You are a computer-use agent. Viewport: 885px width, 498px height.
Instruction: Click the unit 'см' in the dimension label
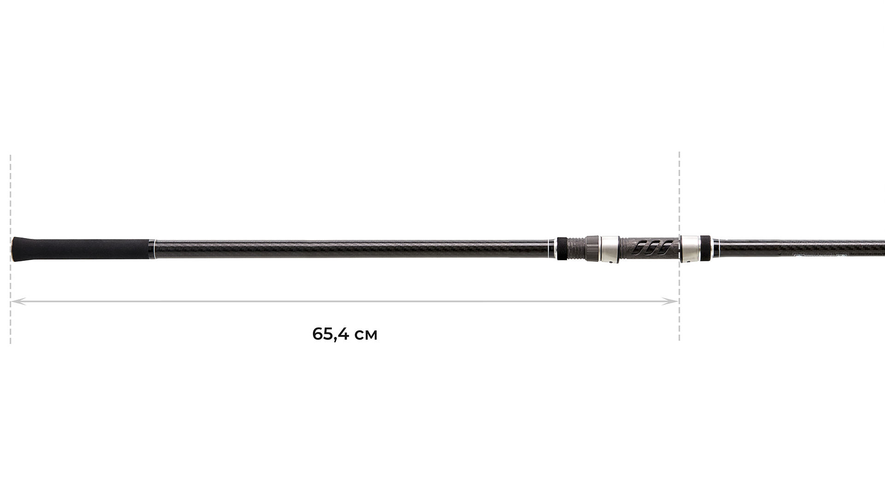[x=367, y=335]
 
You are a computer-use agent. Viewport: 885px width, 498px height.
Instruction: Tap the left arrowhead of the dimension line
[x=15, y=302]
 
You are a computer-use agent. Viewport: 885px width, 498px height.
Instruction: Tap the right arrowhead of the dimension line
[x=674, y=302]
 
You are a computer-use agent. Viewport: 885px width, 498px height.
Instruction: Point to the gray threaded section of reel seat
[x=576, y=249]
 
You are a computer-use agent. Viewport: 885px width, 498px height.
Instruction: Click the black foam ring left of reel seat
[x=562, y=249]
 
